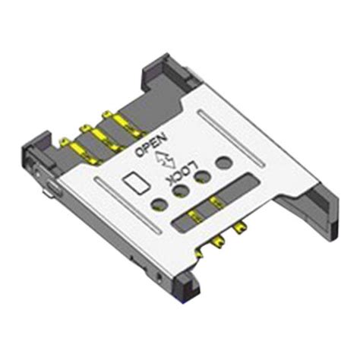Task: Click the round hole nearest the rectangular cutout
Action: tap(159, 203)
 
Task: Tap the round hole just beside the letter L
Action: tap(203, 175)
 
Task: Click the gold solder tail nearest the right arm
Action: tap(242, 227)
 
